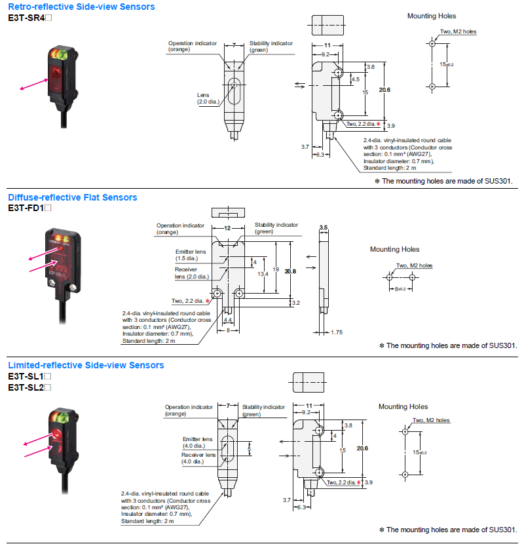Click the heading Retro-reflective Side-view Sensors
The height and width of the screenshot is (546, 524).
81,7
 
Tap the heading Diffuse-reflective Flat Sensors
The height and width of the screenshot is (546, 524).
73,197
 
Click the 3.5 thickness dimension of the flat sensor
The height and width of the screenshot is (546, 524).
323,227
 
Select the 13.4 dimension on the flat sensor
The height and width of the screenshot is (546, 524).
262,274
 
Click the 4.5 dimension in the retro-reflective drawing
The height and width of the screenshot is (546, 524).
356,79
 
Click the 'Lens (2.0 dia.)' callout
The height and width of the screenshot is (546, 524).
209,98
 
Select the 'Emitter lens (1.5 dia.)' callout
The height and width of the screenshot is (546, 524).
189,255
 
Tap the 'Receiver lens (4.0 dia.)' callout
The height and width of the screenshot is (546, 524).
198,458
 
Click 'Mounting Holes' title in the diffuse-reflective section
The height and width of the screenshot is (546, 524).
394,249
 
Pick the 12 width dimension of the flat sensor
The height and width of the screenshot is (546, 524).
227,227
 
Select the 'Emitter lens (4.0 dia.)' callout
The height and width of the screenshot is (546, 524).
197,442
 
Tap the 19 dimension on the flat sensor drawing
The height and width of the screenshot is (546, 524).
276,269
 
